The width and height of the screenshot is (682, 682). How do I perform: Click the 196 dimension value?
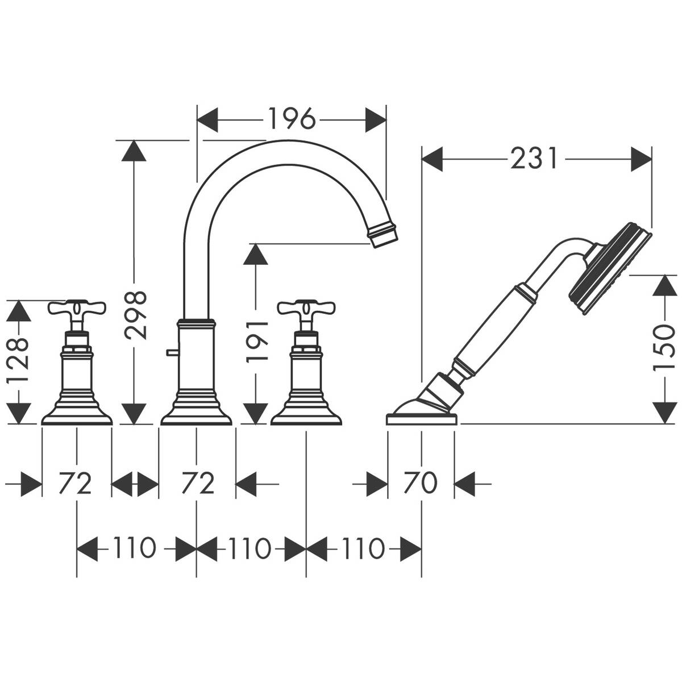coord(291,119)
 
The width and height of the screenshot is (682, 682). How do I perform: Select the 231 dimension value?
coord(535,159)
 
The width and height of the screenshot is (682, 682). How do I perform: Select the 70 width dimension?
coord(421,483)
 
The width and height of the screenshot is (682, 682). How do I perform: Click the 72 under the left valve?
coord(76,484)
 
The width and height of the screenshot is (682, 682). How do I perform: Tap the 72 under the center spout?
coord(197,484)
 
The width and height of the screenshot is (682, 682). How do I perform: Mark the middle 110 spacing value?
coord(251,549)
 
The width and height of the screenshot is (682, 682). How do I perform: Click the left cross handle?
coord(77,310)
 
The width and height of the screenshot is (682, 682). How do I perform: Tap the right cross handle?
coord(307,310)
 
